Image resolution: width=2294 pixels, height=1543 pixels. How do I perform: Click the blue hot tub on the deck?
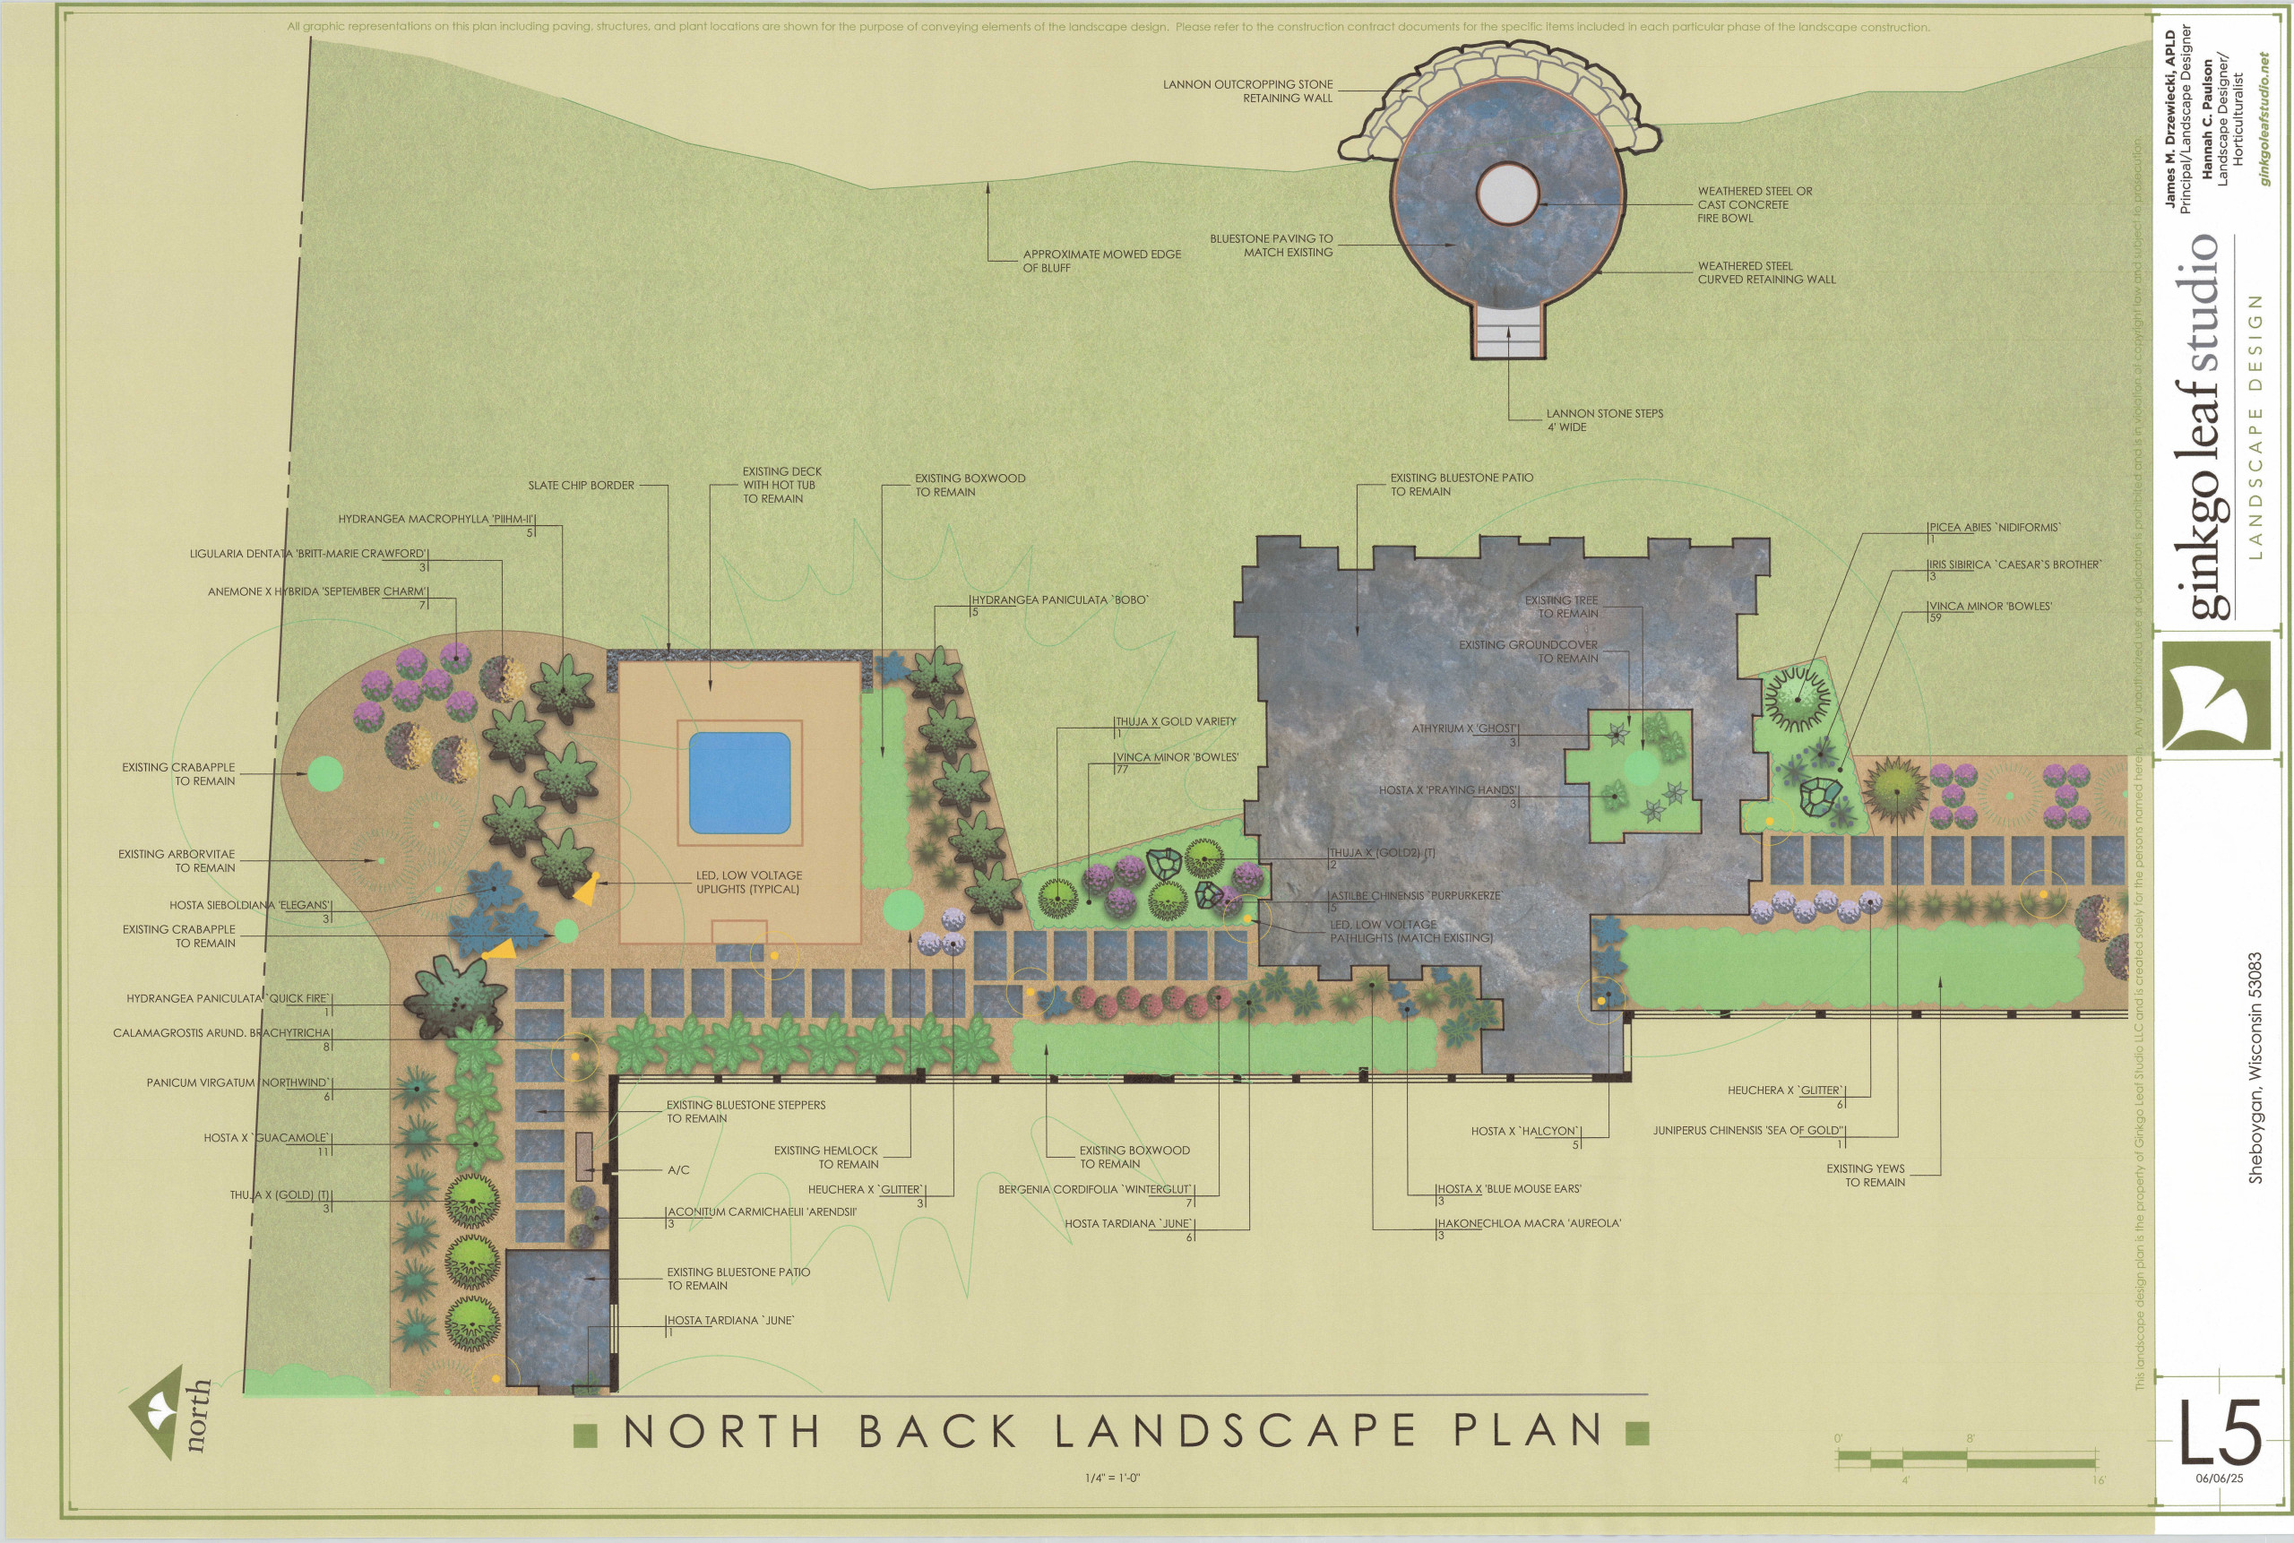click(739, 782)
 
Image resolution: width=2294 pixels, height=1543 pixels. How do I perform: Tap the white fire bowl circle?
click(1506, 194)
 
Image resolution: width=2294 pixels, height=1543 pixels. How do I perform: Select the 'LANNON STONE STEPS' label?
click(1604, 420)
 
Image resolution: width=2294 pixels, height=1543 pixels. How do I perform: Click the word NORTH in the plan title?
click(721, 1432)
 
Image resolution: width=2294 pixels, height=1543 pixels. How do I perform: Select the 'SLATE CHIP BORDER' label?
click(581, 485)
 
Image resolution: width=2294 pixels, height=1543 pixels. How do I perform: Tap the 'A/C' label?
click(678, 1170)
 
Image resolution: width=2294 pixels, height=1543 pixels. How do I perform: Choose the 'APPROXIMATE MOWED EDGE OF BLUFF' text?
click(1101, 261)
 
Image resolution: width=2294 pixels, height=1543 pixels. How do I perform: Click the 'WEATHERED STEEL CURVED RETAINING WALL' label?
click(1765, 272)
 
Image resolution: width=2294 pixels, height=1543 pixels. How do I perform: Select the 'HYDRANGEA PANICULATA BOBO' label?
click(1060, 599)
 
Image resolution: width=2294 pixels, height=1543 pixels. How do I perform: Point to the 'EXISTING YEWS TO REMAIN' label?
click(1865, 1175)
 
